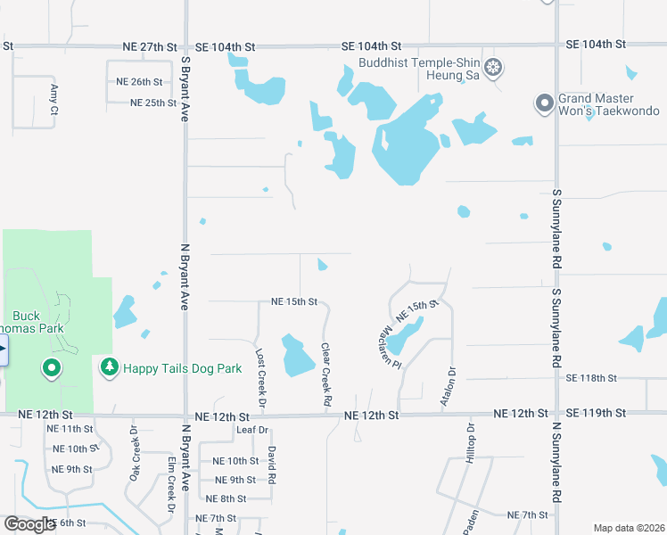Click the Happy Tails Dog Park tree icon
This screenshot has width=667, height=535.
pos(109,366)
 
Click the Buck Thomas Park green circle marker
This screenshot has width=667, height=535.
pos(52,366)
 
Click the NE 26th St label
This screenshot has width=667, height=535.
pos(139,81)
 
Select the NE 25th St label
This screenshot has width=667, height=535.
pos(152,103)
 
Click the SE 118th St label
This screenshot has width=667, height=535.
pos(591,378)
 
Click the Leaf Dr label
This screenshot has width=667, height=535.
pos(252,430)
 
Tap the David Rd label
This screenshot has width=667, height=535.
pos(272,464)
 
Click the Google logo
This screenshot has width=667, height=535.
pos(29,524)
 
